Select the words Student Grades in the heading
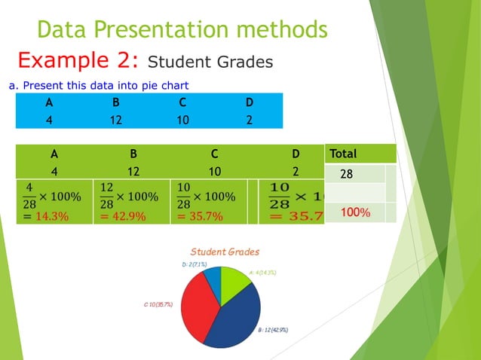[x=210, y=62]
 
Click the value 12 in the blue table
[x=115, y=119]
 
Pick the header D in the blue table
[x=249, y=102]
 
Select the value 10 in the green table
[x=214, y=170]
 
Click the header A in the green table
[x=54, y=154]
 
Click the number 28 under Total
[x=347, y=174]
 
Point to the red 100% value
[x=354, y=213]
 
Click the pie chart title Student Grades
[x=225, y=252]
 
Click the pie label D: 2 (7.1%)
[x=195, y=265]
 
